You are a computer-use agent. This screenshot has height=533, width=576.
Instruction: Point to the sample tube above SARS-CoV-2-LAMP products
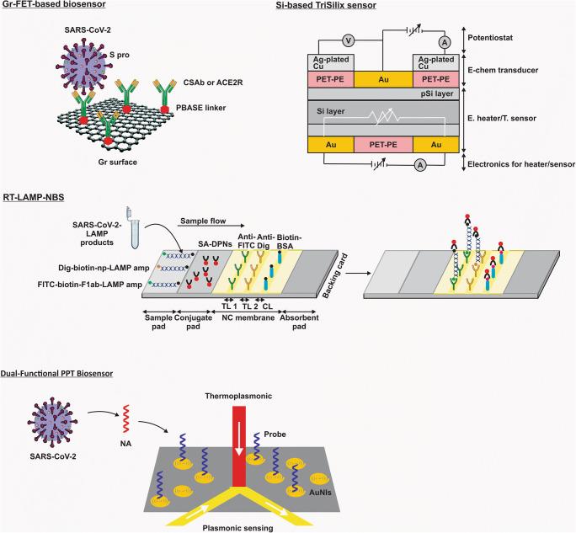click(130, 216)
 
